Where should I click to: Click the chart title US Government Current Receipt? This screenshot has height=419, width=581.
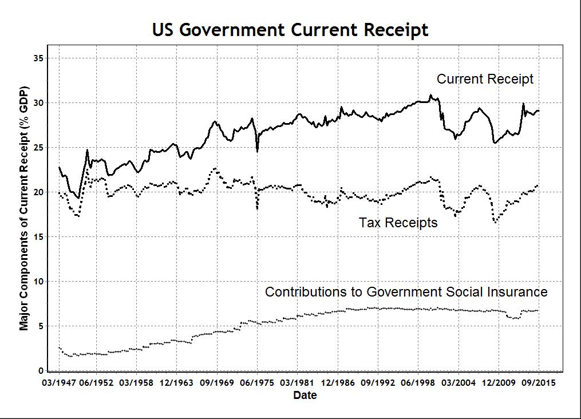[x=290, y=30]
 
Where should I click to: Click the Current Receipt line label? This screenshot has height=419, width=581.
[x=485, y=79]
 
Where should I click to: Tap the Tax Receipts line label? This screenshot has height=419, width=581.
[x=398, y=223]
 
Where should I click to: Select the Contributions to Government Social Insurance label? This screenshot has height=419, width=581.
[x=406, y=292]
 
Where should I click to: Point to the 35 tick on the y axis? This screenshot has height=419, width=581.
[x=38, y=58]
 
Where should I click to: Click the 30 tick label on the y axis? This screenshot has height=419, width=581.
[x=38, y=103]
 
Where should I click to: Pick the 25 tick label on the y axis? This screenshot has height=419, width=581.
[x=38, y=148]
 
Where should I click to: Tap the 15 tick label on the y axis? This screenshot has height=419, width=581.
[x=38, y=237]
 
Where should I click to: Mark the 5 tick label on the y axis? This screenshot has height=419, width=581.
[x=41, y=326]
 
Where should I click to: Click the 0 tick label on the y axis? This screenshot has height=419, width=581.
[x=41, y=371]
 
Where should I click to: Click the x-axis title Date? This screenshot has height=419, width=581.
[x=305, y=396]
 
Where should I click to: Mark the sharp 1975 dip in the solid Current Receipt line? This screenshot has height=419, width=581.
[x=257, y=151]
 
